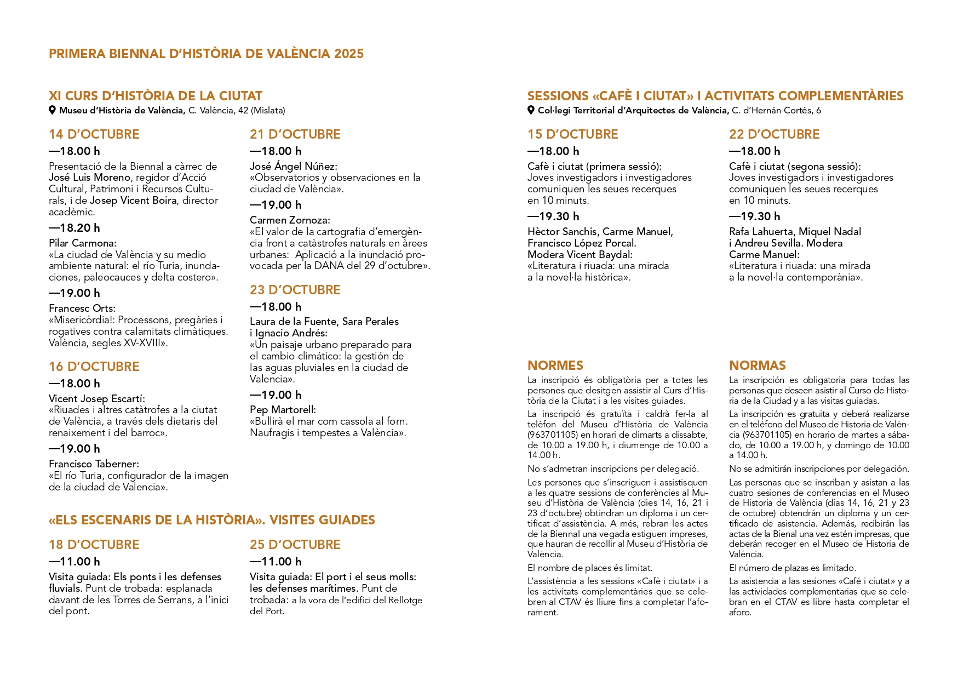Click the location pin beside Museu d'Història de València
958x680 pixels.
pos(53,110)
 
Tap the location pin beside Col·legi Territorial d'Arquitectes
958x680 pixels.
pos(531,110)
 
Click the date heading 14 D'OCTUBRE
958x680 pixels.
pos(94,134)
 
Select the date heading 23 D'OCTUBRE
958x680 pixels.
pos(295,290)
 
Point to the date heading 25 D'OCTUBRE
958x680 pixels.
pos(295,545)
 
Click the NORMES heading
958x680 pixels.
pos(555,365)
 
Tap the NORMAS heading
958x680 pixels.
pos(757,365)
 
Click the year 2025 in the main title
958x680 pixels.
pos(349,54)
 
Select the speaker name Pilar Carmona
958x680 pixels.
pos(82,243)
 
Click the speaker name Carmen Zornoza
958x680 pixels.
pos(290,220)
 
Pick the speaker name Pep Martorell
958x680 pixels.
pos(283,409)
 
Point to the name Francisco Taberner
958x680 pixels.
pos(94,464)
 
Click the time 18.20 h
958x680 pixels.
pos(74,228)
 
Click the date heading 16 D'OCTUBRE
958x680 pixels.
pos(94,367)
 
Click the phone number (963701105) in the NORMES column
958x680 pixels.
pos(553,435)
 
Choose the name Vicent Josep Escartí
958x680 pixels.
pos(96,398)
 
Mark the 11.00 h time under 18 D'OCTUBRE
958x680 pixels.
pos(74,562)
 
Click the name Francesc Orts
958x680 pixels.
pos(82,308)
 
